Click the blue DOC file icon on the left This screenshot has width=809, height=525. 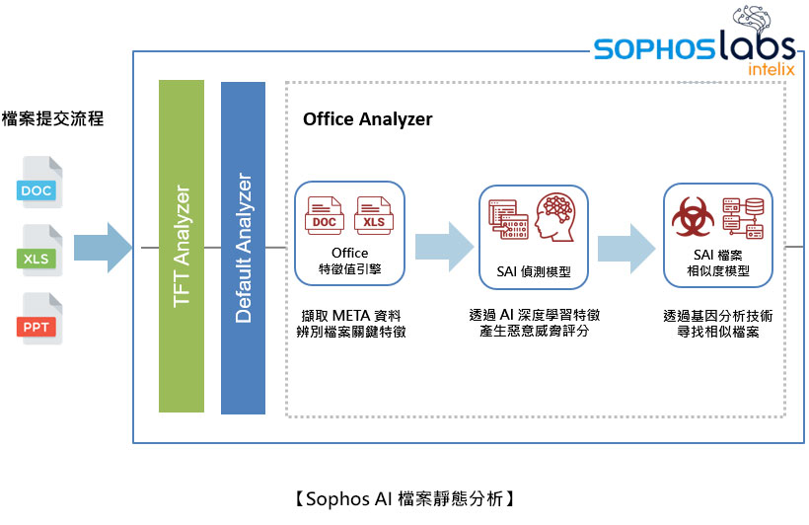(x=37, y=187)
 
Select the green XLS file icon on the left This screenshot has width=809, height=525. (x=37, y=256)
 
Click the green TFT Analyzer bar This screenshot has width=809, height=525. (x=182, y=246)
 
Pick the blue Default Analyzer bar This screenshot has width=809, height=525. (x=244, y=247)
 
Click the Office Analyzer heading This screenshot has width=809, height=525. (x=367, y=119)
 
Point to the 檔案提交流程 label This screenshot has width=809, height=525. (x=52, y=119)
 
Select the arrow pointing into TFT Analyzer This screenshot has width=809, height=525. (x=103, y=248)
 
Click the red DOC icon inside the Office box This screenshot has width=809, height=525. (x=325, y=217)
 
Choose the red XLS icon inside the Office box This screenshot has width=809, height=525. (x=374, y=217)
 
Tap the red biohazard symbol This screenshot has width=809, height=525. (x=692, y=217)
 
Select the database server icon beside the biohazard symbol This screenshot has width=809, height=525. (x=743, y=218)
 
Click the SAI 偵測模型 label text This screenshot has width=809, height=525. (x=534, y=271)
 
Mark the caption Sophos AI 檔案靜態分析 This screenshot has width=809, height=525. (x=404, y=498)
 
